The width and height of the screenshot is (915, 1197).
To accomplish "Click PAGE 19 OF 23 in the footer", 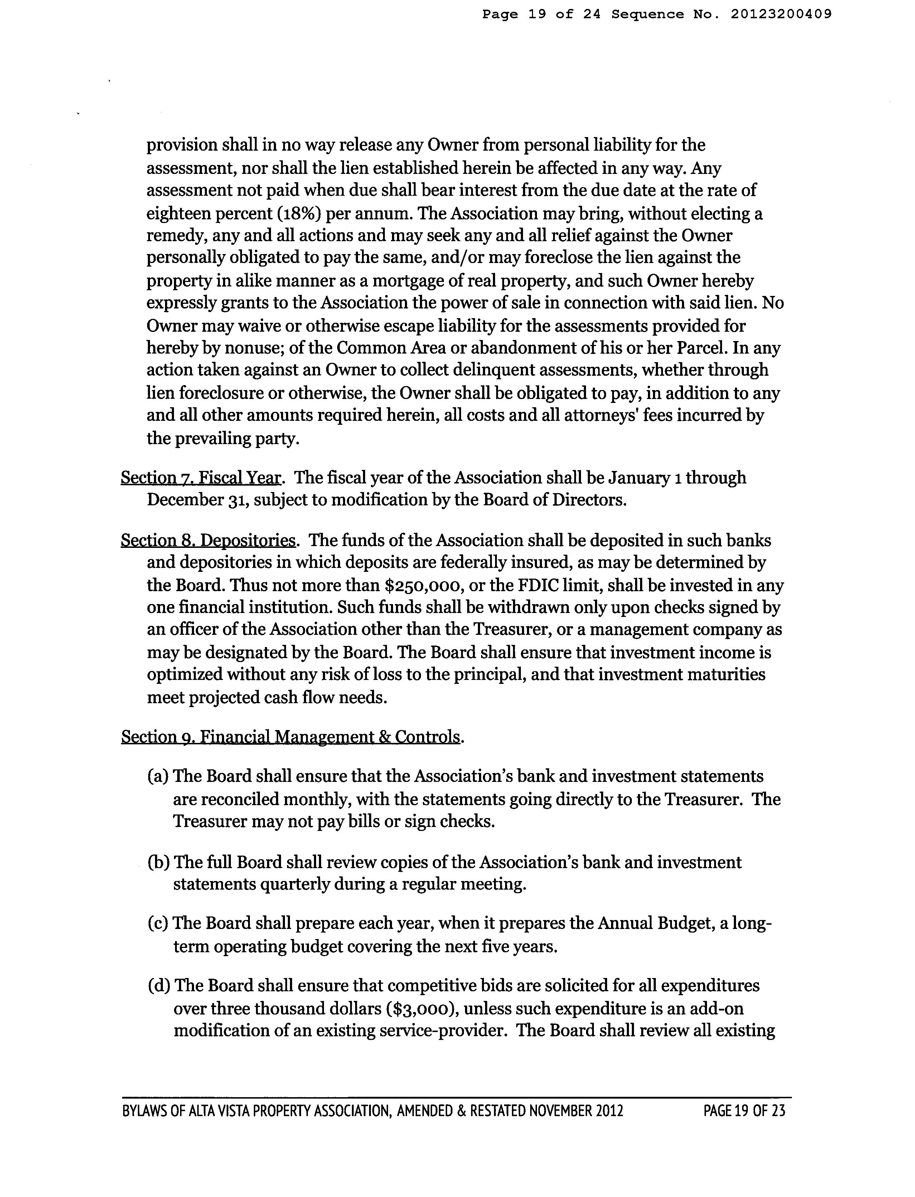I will pyautogui.click(x=744, y=1110).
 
